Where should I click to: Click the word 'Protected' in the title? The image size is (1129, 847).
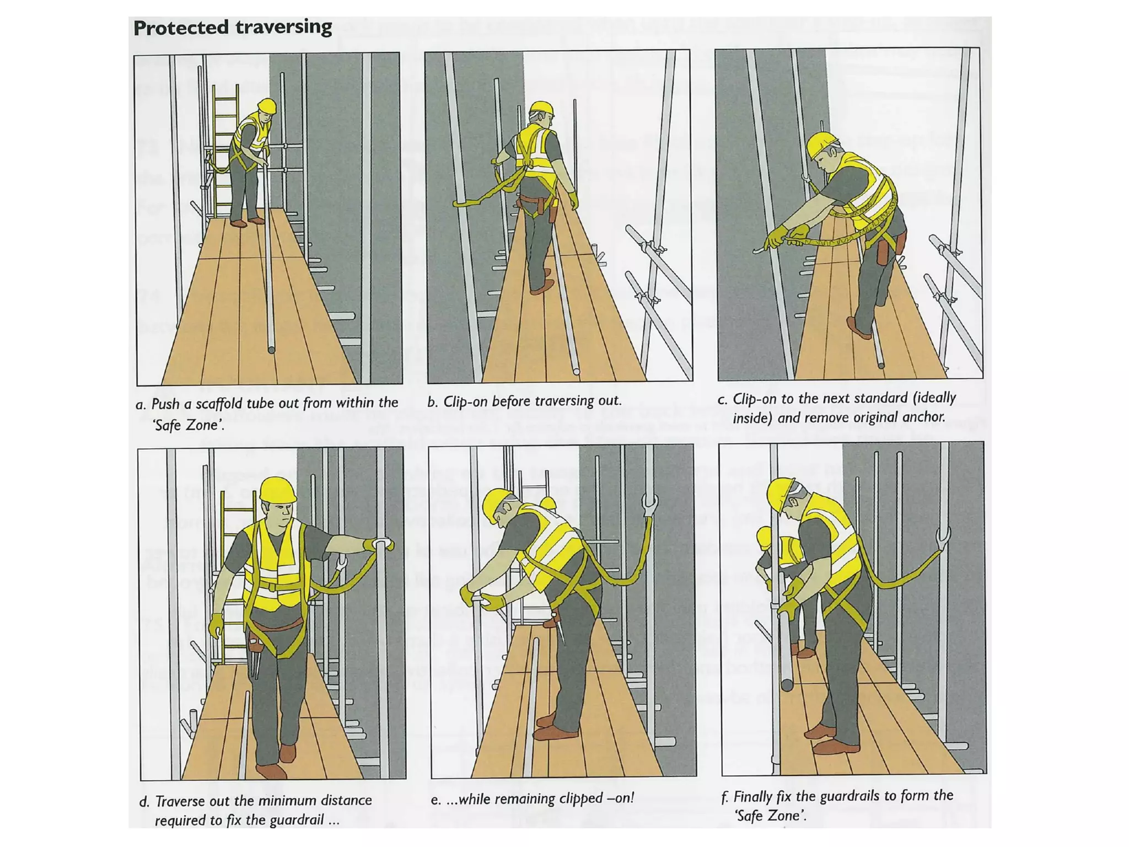pos(181,28)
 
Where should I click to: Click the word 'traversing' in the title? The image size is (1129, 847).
pos(283,28)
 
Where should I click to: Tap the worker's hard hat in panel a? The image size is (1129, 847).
pos(267,105)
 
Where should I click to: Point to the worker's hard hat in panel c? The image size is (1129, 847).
pos(821,144)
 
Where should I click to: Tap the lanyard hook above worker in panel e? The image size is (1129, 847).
pos(650,505)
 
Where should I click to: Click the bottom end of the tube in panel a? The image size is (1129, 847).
pos(271,350)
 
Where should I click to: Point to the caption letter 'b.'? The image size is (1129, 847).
pos(433,402)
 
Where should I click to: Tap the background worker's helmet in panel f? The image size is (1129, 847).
pos(765,537)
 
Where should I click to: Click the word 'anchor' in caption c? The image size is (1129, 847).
pos(926,417)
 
